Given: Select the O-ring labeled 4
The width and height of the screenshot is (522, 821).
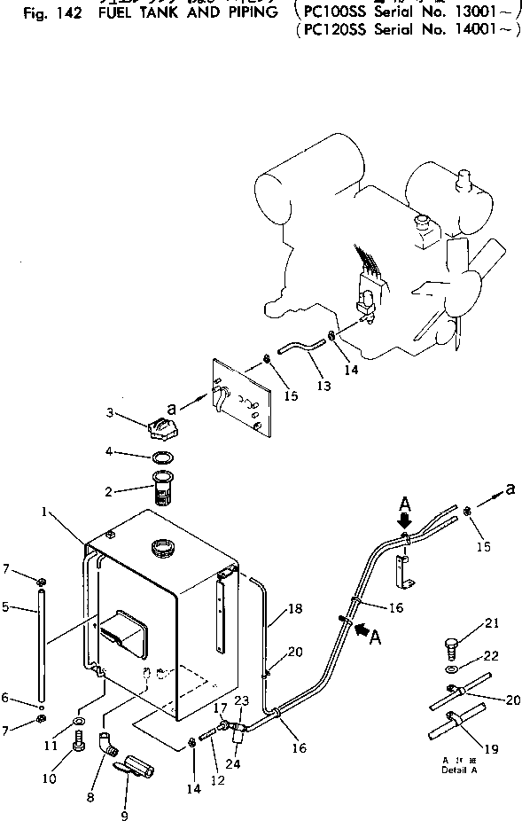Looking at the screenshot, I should click(x=162, y=459).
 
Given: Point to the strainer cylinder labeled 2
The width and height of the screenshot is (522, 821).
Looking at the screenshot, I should click(x=162, y=489).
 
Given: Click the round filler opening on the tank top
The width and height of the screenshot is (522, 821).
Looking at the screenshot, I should click(x=163, y=548).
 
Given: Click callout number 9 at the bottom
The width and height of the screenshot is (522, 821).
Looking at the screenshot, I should click(x=124, y=817).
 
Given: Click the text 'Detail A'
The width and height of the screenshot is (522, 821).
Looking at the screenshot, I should click(x=453, y=770).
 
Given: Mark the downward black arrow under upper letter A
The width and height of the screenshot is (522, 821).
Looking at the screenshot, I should click(x=404, y=522).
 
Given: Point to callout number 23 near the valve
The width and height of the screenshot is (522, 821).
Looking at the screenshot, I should click(x=241, y=700).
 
